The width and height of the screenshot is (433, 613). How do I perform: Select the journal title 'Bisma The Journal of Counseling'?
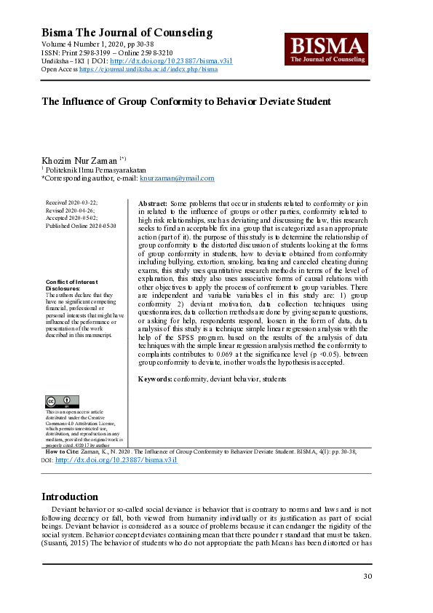[127, 33]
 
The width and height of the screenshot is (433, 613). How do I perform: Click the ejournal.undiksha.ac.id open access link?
[148, 69]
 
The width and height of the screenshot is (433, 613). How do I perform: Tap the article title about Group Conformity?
[186, 102]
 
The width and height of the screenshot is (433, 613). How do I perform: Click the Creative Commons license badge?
[62, 401]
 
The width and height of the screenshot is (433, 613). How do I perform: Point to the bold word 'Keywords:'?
[155, 379]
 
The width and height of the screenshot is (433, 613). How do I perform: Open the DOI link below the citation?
[116, 461]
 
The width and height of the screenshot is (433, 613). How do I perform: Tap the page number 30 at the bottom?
[367, 577]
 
